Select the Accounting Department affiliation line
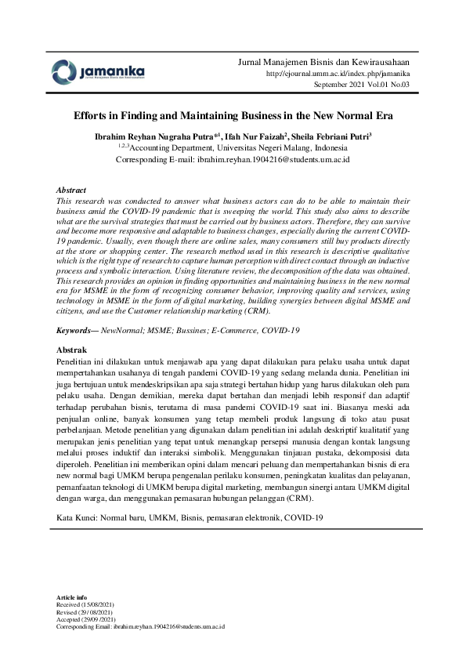coord(233,147)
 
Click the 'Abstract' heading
coord(72,190)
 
